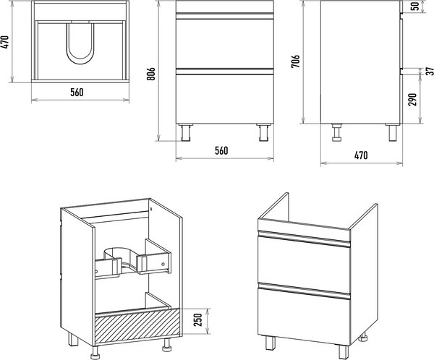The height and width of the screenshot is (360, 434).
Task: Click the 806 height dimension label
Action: (x=151, y=74)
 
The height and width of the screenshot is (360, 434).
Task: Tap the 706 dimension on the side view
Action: (x=295, y=61)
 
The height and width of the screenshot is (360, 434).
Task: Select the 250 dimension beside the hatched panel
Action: (x=198, y=320)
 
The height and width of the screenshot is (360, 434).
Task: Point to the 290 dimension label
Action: (x=412, y=99)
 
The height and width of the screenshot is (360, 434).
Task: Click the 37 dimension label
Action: (x=429, y=71)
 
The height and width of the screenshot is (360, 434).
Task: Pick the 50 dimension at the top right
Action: (x=415, y=6)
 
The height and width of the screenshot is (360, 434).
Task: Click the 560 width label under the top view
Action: (x=77, y=92)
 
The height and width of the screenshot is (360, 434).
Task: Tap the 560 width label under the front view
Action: (x=221, y=150)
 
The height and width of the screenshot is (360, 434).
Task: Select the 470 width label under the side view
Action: (x=361, y=155)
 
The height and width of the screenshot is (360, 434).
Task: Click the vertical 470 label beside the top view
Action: (x=6, y=43)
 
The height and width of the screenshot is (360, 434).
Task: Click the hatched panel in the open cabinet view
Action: (x=137, y=326)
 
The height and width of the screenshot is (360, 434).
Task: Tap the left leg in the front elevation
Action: (x=186, y=133)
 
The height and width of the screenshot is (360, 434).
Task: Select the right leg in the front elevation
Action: (x=263, y=133)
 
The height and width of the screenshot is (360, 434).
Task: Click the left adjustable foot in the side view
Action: (x=337, y=132)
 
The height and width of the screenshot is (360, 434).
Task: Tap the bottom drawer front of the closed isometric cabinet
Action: (x=304, y=313)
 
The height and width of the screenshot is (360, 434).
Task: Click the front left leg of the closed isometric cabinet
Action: (x=271, y=343)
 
